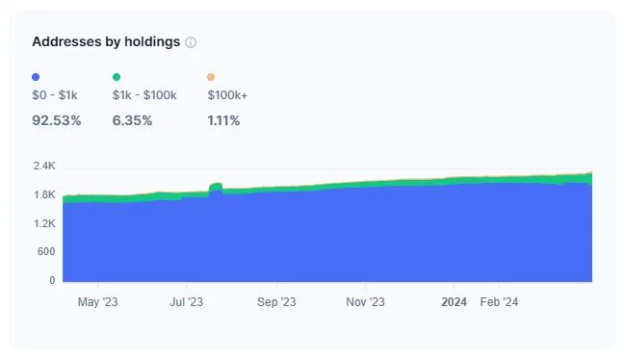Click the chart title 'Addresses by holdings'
tap(106, 42)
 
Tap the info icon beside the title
tap(191, 43)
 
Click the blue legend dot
tap(36, 77)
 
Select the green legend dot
tap(117, 77)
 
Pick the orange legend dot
tap(211, 77)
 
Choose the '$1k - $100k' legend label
tap(144, 95)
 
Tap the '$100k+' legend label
tap(227, 95)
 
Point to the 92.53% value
tap(57, 120)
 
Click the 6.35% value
tap(134, 120)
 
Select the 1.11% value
tap(223, 120)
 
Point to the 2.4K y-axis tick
tap(44, 166)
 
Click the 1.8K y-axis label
tap(44, 194)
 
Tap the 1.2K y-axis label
tap(44, 223)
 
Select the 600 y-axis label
tap(46, 252)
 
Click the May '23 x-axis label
tap(97, 302)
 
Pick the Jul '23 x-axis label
tap(186, 302)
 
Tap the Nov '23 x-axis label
tap(365, 302)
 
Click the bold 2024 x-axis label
tap(454, 302)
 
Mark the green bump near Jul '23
tap(216, 187)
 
